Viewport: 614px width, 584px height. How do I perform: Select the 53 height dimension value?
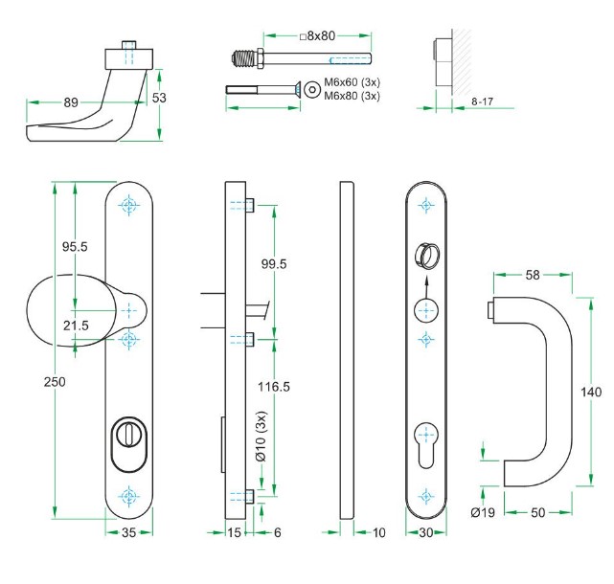pos(160,99)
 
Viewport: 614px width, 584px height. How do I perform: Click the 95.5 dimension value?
pos(75,247)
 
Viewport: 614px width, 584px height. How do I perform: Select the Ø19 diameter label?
pos(483,513)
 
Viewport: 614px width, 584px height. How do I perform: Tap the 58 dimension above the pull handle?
pos(533,275)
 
